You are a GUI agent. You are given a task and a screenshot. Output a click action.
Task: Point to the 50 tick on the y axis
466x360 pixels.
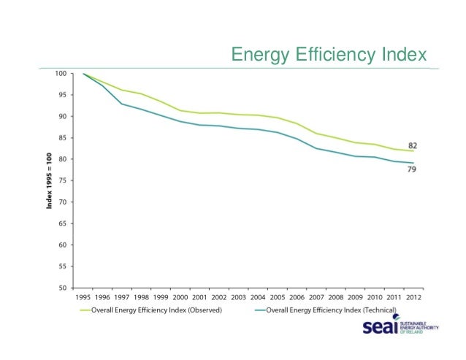click(64, 288)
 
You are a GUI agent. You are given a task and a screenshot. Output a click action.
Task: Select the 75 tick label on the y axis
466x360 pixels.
click(64, 181)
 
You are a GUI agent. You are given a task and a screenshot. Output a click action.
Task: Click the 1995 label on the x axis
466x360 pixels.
click(84, 297)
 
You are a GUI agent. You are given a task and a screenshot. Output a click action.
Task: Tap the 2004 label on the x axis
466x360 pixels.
click(259, 297)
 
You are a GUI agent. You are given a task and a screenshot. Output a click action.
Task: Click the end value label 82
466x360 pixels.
click(413, 145)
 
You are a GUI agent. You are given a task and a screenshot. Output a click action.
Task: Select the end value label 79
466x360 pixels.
click(413, 169)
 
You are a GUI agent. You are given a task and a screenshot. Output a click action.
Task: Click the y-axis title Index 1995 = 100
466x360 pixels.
click(50, 180)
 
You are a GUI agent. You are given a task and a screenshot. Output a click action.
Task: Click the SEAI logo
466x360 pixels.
click(399, 329)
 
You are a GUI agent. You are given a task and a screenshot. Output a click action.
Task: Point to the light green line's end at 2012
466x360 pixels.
click(414, 151)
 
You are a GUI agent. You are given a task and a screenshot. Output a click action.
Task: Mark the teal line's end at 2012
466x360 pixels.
click(414, 163)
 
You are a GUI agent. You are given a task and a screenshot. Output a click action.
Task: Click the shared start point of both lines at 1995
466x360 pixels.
click(84, 74)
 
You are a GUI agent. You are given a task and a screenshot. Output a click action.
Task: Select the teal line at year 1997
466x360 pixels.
click(123, 104)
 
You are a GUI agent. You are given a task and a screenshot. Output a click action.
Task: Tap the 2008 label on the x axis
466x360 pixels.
click(337, 297)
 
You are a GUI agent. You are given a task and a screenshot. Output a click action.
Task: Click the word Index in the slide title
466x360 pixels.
click(402, 55)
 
